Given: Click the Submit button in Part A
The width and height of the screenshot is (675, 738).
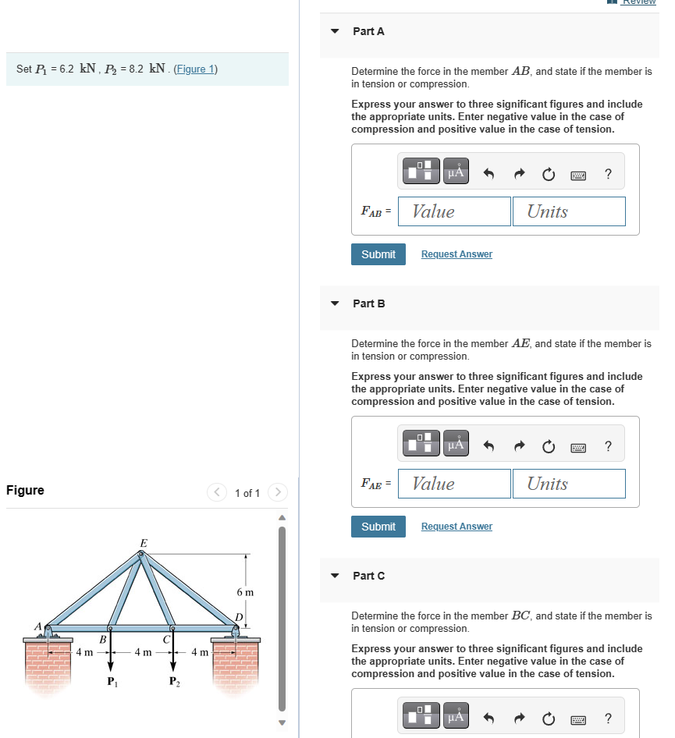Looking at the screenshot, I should (378, 254).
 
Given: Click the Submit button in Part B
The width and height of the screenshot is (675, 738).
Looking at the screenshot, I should (378, 527).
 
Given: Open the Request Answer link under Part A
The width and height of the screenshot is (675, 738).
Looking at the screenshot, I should (457, 254).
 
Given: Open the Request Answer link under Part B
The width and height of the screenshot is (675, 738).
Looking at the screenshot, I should (457, 527).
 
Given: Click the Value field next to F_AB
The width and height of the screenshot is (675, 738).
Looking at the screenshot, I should (454, 211).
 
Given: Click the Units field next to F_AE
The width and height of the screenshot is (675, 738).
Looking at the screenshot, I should (569, 484).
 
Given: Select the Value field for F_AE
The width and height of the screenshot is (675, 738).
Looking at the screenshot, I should (454, 484).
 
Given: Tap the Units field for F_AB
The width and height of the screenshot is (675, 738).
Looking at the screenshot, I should (569, 211).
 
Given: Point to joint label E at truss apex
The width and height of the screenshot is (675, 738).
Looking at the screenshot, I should (143, 542).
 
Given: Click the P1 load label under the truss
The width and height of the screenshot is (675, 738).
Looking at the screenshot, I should (110, 681).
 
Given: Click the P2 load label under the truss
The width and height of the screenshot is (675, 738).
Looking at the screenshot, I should (172, 681).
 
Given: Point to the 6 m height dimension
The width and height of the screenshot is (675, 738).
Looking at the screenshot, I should (245, 592).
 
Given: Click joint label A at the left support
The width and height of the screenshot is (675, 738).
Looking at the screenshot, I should (37, 626).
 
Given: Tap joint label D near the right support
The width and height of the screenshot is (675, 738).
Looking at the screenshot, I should (240, 617).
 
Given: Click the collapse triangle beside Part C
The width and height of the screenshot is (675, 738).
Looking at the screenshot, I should (336, 576).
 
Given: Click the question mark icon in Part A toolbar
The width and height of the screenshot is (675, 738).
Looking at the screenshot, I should (608, 173).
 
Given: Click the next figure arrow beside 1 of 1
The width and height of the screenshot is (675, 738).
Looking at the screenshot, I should (278, 492).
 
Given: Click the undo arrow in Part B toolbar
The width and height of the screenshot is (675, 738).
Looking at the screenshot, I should (490, 446).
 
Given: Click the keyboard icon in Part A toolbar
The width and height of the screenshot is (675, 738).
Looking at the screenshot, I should (578, 174).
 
